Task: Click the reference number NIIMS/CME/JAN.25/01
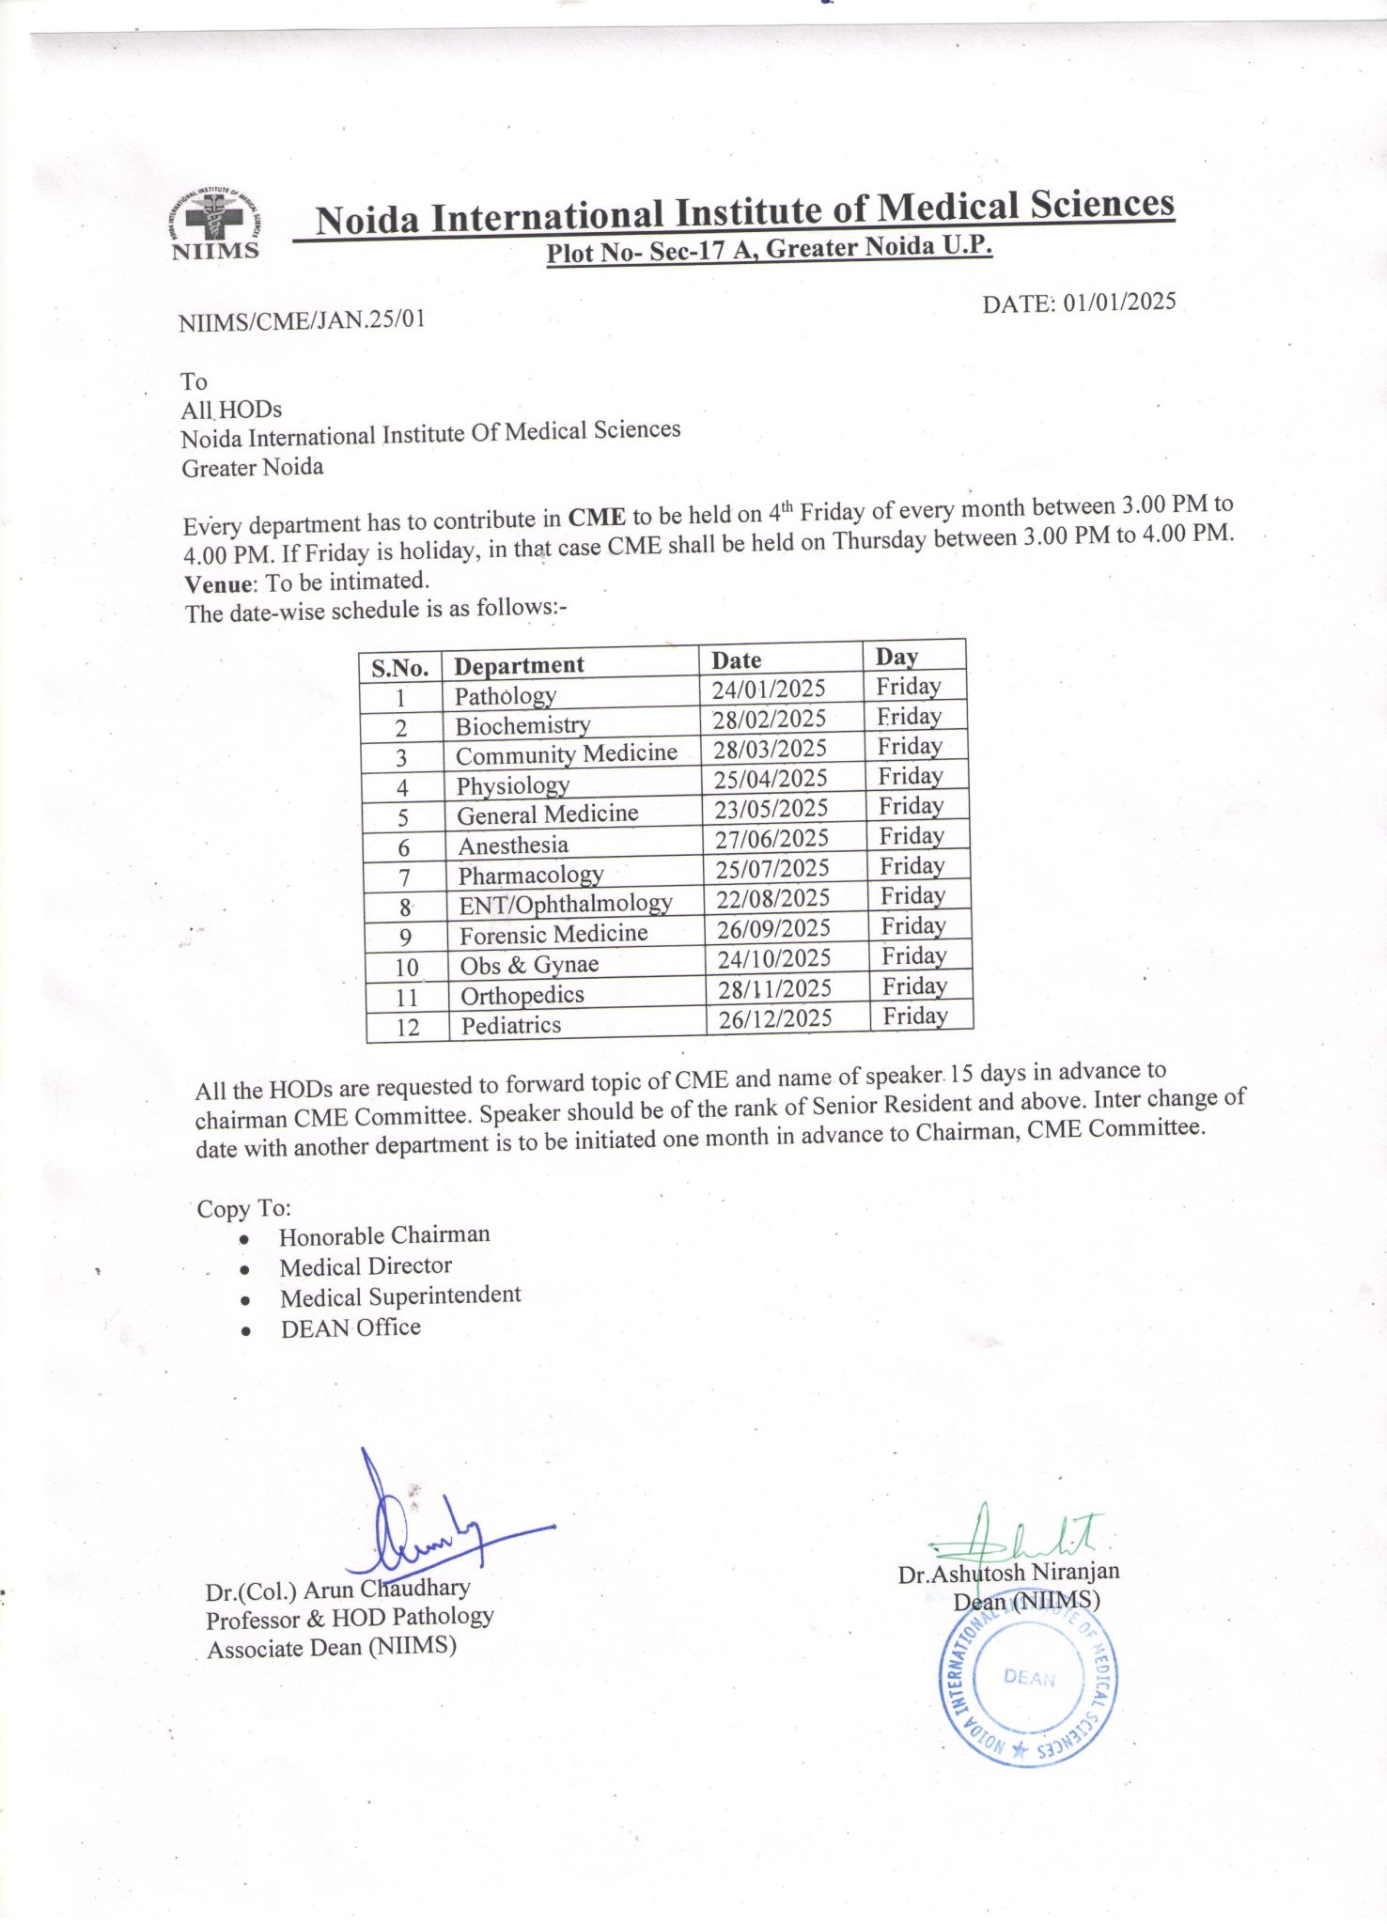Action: tap(302, 319)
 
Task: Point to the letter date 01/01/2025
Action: tap(1079, 303)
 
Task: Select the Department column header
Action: tap(519, 665)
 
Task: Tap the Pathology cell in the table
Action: tap(506, 696)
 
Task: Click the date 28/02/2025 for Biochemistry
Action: tap(769, 719)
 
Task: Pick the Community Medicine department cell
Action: tap(566, 754)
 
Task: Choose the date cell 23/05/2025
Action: tap(771, 809)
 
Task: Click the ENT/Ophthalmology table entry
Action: tap(566, 904)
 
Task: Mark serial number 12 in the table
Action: tap(407, 1027)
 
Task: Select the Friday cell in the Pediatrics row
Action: tap(914, 1016)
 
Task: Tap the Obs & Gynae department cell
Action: tap(529, 965)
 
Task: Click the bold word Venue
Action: tap(220, 584)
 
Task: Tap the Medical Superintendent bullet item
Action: tap(399, 1296)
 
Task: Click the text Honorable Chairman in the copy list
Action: tap(384, 1234)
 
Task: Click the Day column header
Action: tap(896, 657)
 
